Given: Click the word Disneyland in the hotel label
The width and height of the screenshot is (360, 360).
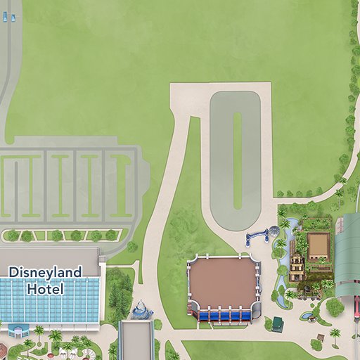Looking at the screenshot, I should (x=45, y=271).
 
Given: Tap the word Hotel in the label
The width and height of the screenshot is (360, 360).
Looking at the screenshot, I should (x=45, y=288).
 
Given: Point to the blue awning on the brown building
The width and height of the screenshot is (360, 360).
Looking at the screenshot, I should (x=223, y=316).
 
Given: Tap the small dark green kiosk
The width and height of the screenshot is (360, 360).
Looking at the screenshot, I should (x=278, y=323).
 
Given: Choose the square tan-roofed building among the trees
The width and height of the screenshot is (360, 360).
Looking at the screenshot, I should (x=318, y=245).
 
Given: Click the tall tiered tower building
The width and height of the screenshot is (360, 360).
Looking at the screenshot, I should (x=297, y=268).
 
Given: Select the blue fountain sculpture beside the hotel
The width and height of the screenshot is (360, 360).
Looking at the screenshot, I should (x=141, y=309).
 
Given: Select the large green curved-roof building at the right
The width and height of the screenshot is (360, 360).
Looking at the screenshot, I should (x=347, y=253).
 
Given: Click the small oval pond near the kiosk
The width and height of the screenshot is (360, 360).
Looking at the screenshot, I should (x=307, y=316).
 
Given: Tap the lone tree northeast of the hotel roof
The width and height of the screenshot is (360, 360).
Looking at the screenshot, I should (x=131, y=247).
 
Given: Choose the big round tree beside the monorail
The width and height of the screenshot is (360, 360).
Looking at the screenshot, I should (x=335, y=307).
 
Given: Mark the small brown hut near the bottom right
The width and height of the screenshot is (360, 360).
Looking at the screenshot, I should (x=336, y=342).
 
